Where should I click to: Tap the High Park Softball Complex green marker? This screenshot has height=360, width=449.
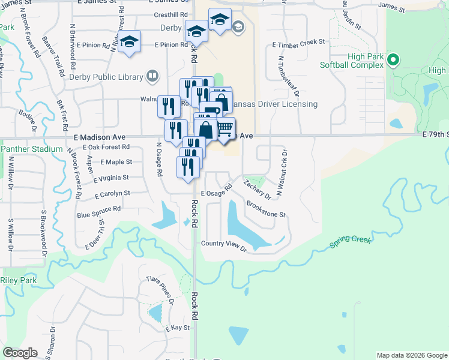(x=393, y=59)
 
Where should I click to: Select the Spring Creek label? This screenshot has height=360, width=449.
(x=351, y=243)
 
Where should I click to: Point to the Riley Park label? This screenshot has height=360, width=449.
(x=19, y=280)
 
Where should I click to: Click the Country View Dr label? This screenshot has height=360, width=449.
(x=224, y=244)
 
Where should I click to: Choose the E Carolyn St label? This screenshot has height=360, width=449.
(x=112, y=194)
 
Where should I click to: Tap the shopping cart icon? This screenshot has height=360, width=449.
(x=224, y=127)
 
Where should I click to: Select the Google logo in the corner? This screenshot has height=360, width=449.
(x=20, y=353)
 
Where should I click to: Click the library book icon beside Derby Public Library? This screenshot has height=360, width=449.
(x=152, y=76)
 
